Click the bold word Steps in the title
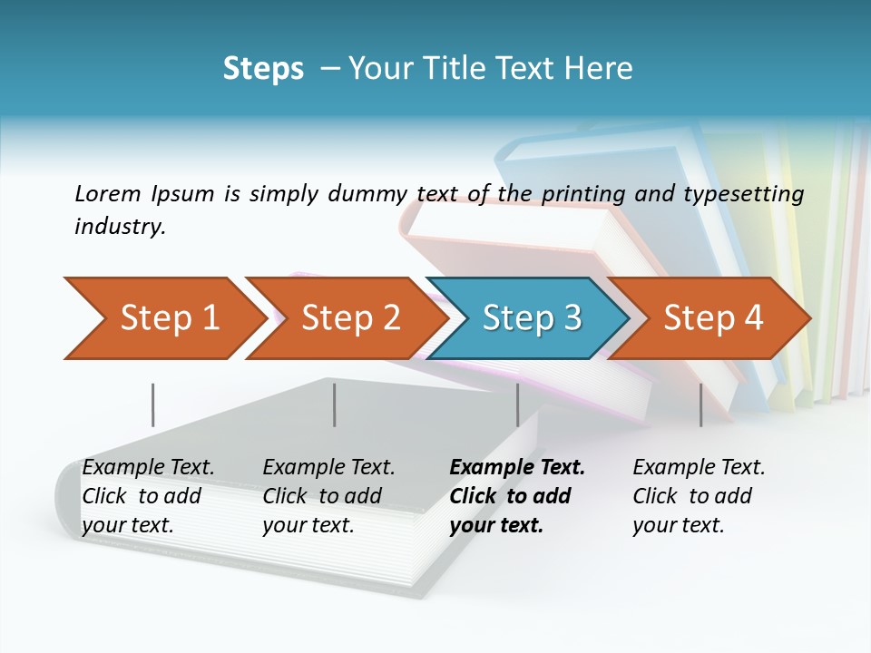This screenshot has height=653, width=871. [263, 69]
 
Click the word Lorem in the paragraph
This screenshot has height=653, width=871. [108, 194]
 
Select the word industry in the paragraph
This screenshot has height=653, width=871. [120, 227]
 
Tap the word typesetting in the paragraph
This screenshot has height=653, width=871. [743, 194]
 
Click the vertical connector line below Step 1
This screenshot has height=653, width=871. [152, 404]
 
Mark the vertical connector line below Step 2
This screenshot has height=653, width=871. [335, 404]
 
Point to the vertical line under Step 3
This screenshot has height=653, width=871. [517, 404]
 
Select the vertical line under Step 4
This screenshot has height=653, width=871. [700, 404]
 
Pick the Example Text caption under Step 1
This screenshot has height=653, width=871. [148, 496]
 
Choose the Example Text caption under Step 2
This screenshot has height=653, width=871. [328, 496]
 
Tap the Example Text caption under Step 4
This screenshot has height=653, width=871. [699, 496]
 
